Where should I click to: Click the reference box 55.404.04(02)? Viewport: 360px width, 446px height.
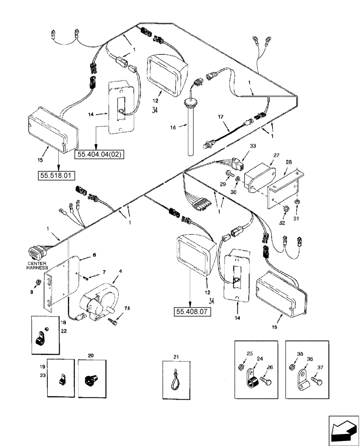click(x=100, y=155)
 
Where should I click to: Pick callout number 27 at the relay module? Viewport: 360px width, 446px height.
click(x=276, y=155)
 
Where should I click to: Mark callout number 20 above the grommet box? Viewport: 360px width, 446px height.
click(x=91, y=355)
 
